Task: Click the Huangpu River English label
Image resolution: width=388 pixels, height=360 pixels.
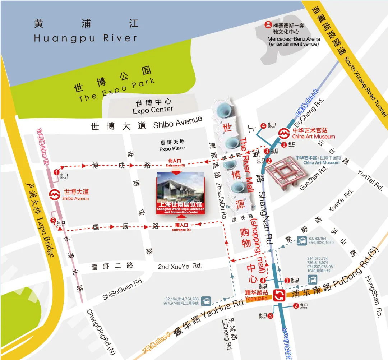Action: [x=86, y=38]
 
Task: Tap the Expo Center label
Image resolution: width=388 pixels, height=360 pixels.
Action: [x=153, y=110]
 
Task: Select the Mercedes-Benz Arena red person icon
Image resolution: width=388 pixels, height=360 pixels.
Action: [x=268, y=25]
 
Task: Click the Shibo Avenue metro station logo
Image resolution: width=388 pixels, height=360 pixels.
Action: [x=54, y=195]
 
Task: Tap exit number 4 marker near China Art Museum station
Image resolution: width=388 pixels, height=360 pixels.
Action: [x=264, y=126]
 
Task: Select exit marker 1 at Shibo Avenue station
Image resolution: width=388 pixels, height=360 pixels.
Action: [x=56, y=172]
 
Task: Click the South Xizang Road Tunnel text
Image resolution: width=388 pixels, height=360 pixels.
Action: [x=365, y=86]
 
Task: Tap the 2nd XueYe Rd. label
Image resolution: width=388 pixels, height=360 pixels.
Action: [x=180, y=266]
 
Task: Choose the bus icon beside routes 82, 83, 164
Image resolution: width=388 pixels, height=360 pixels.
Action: [x=302, y=240]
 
